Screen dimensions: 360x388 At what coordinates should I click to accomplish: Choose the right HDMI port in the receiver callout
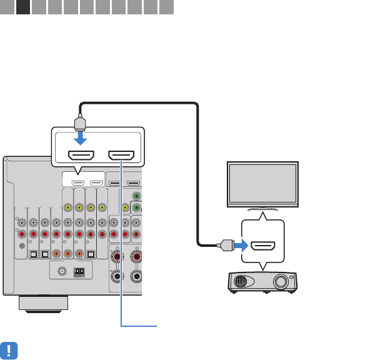[122, 155]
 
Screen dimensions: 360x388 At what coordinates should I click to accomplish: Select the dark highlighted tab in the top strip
[23, 8]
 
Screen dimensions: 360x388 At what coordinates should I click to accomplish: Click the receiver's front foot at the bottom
[42, 303]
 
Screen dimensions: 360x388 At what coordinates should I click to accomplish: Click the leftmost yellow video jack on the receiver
[66, 207]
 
